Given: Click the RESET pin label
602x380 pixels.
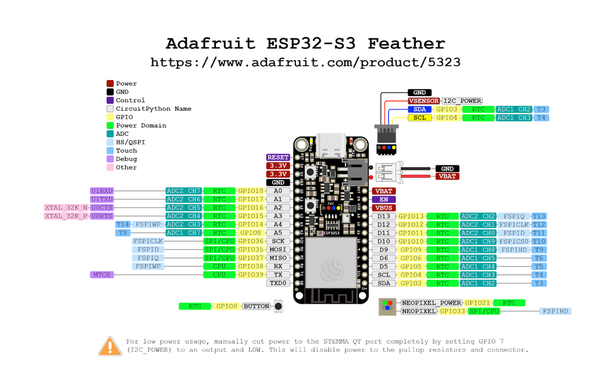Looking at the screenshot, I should coord(278,158).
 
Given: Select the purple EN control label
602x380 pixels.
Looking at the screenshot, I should coord(383,200).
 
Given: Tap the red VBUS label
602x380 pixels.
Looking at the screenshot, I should coord(383,208).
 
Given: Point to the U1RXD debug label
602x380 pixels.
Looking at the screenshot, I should coord(102,191).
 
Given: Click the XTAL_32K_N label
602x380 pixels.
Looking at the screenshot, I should coord(66,208).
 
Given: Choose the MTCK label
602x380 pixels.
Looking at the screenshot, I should coord(102,275).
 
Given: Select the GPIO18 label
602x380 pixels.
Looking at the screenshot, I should coord(250,191).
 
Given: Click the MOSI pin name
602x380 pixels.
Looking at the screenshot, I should coord(278,250).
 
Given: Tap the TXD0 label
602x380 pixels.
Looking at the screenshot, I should coord(278,283).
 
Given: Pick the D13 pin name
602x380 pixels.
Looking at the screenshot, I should coord(383,216).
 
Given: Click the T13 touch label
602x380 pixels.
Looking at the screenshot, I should coord(539,216).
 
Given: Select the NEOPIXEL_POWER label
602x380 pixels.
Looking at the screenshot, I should coord(431,303).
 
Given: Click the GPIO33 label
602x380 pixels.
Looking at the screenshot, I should coord(451,311).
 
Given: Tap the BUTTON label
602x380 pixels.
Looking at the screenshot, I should coord(256,307).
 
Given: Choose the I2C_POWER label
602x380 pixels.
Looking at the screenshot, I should coord(462,101).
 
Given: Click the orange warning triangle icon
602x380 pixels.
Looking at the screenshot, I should coord(110,346).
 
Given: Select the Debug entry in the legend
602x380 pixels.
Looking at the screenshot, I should coord(126,159).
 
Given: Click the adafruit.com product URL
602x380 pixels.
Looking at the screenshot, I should coord(305,63).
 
